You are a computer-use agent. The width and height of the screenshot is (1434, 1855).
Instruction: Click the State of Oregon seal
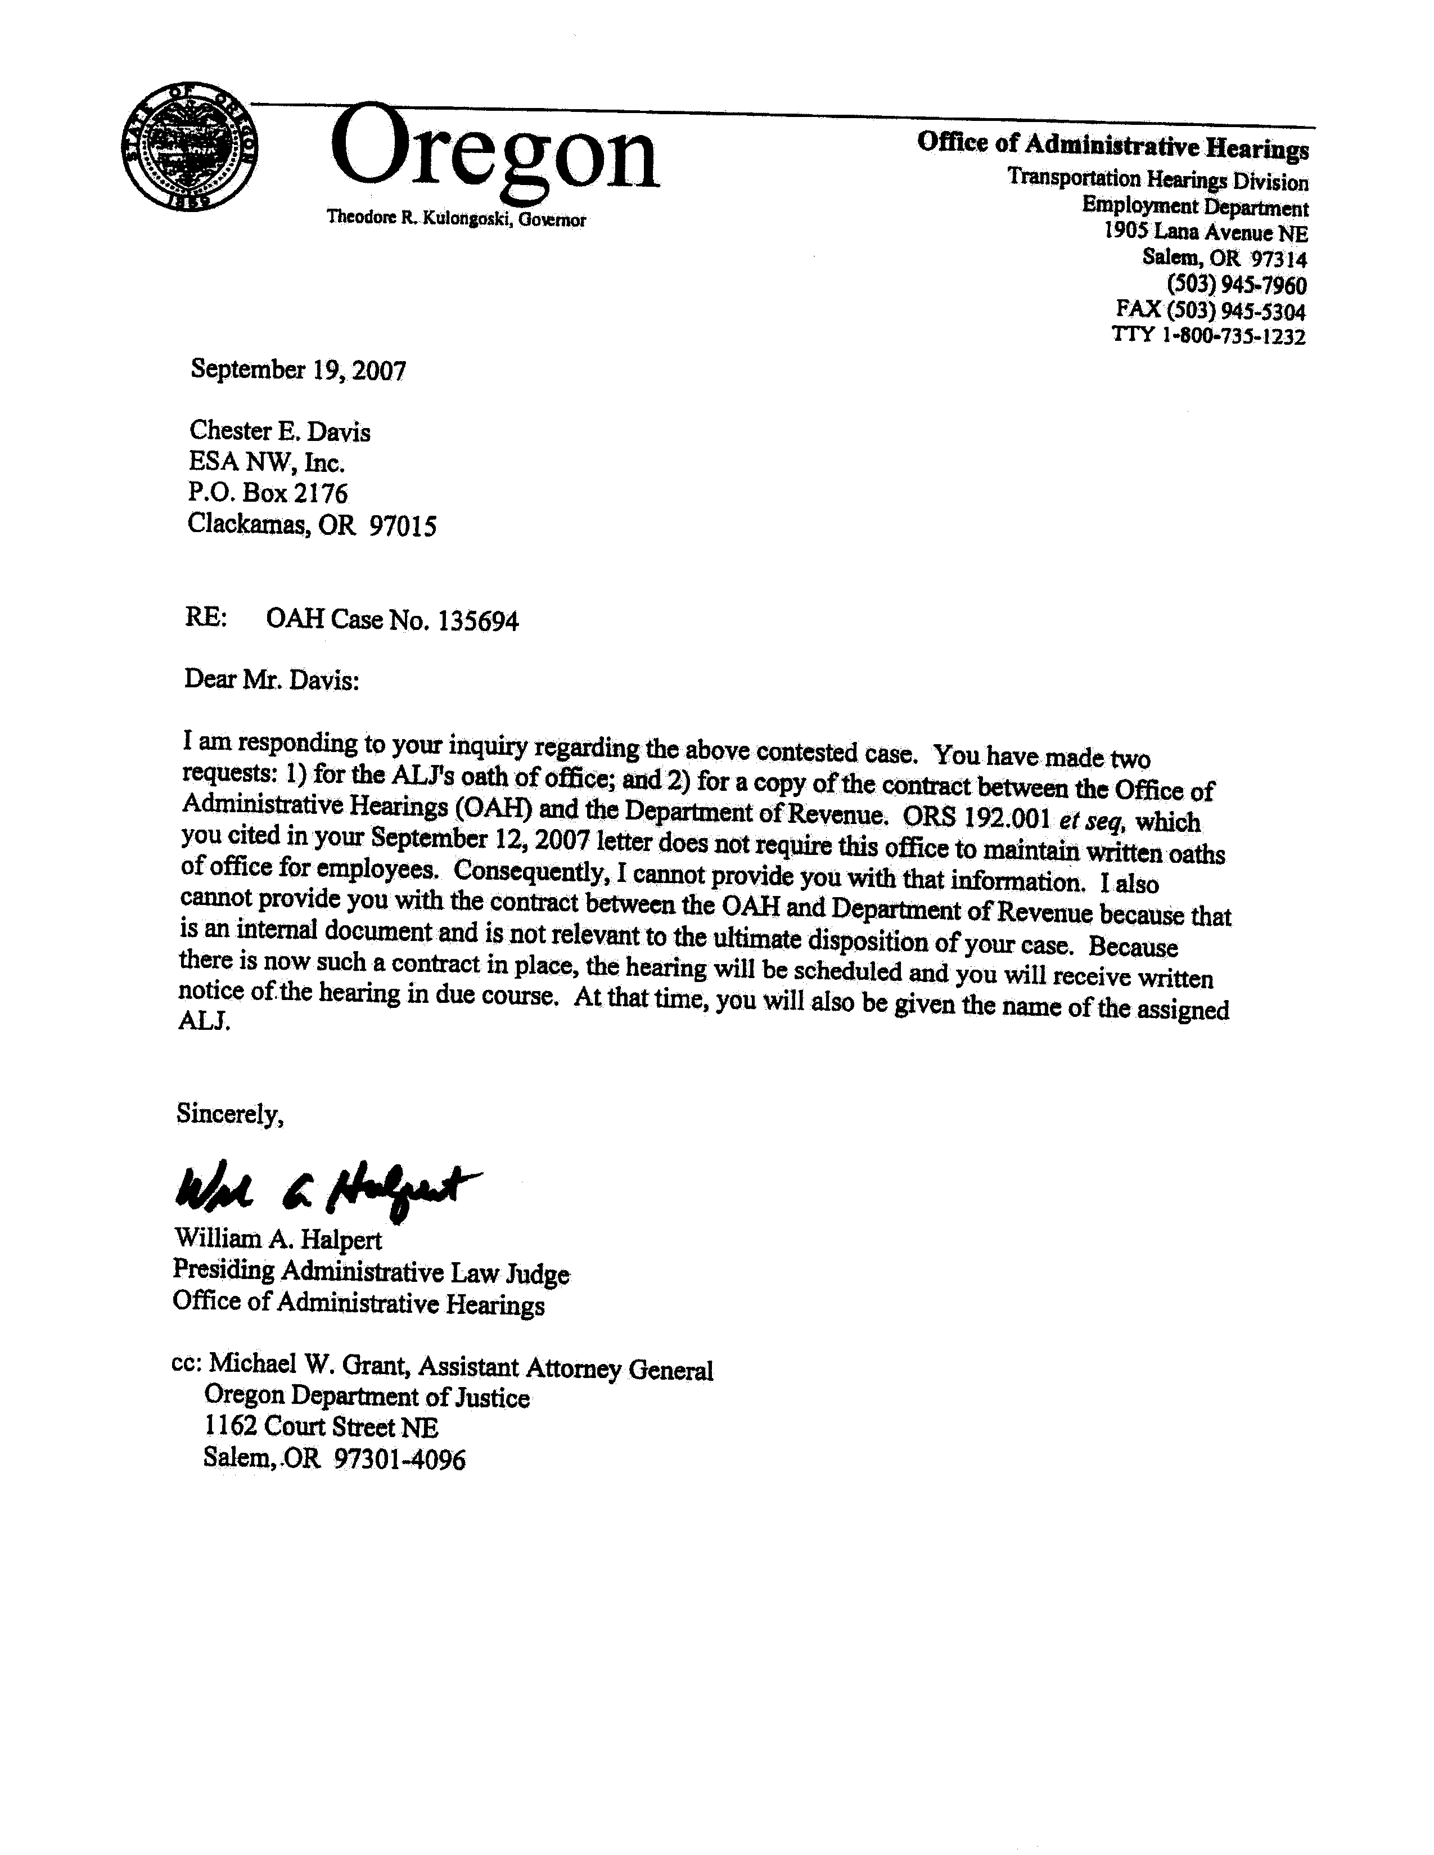[190, 150]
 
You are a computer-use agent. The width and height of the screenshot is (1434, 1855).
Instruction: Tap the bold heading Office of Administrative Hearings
[1112, 145]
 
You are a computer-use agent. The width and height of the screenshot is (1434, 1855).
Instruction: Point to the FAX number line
[1210, 310]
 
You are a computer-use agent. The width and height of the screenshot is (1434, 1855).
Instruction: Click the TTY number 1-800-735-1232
[1233, 336]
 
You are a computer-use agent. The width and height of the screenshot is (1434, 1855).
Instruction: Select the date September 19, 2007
[298, 370]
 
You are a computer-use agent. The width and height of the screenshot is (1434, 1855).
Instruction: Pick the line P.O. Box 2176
[268, 493]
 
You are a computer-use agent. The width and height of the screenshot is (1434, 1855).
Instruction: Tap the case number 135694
[478, 621]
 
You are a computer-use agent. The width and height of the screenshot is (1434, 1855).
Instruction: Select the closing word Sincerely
[229, 1114]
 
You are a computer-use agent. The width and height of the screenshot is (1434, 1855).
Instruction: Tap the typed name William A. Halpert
[278, 1239]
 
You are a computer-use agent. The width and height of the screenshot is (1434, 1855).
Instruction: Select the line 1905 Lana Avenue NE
[1206, 233]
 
